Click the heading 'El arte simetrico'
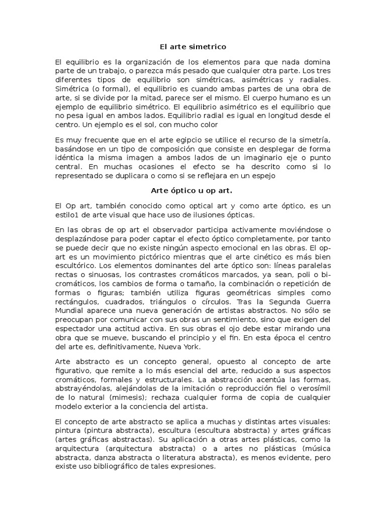pos(193,47)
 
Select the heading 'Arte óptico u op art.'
pos(193,191)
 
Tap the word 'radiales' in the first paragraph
pos(315,80)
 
